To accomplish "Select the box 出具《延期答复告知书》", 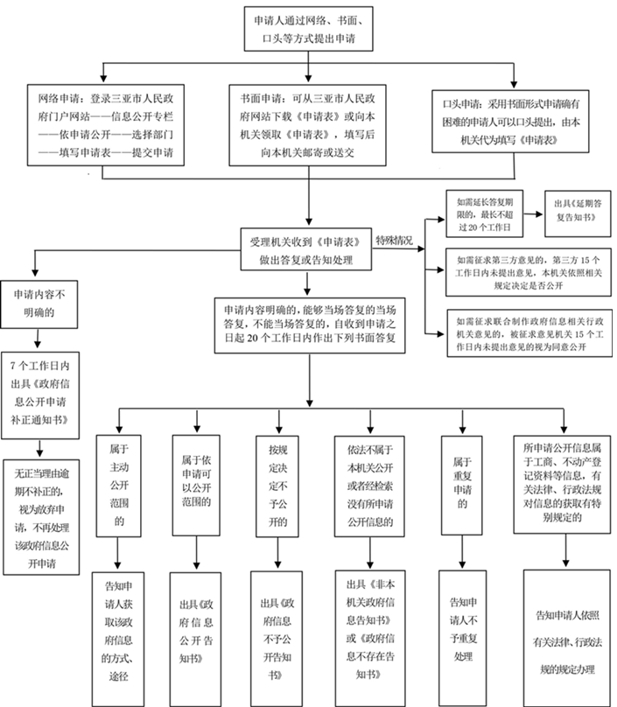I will [578, 212].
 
